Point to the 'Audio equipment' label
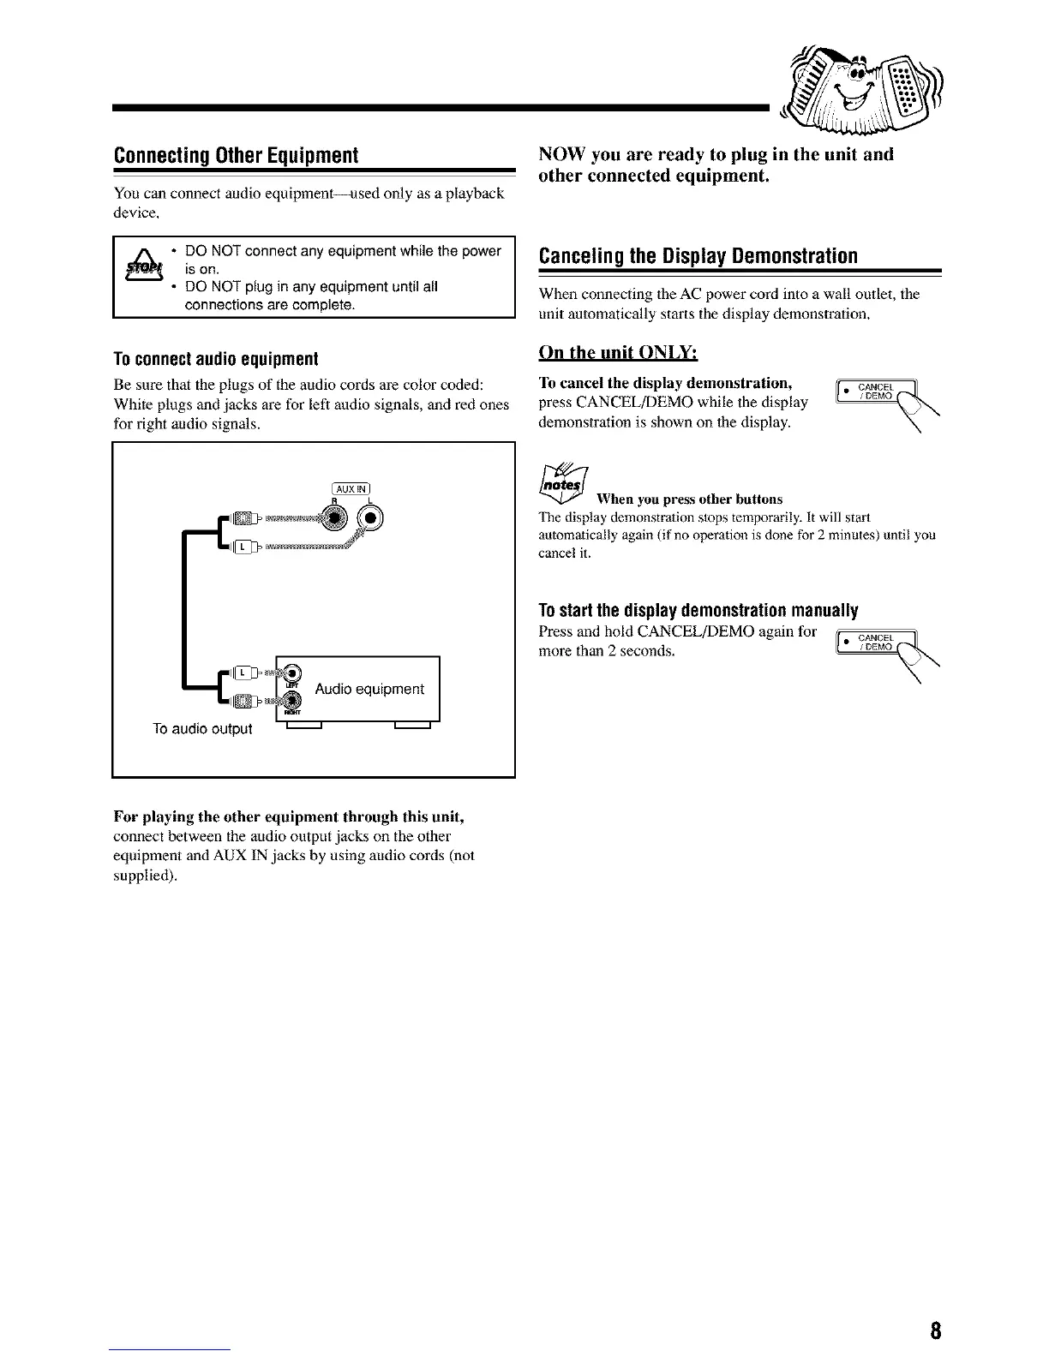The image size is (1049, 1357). coord(369,689)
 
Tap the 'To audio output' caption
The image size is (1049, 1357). coord(202,729)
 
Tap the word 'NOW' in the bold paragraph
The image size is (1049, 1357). coord(561,154)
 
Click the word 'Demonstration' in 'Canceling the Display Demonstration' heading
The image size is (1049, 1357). coord(793,256)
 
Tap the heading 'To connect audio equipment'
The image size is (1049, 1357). coord(215,357)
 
